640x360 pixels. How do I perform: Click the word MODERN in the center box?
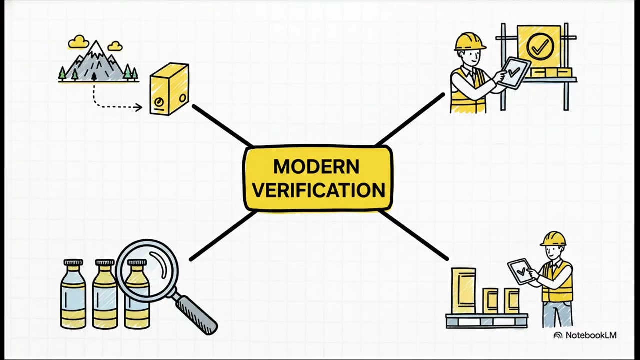tap(316, 167)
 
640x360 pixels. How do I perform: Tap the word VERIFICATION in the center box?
tap(319, 190)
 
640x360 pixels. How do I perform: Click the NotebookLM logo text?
tap(591, 335)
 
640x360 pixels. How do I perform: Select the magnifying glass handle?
tap(196, 315)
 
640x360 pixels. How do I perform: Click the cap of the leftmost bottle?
tap(73, 262)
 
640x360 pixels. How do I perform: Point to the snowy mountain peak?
tap(96, 47)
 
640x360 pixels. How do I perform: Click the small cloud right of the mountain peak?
tap(115, 46)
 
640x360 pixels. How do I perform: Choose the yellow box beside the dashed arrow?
tap(169, 89)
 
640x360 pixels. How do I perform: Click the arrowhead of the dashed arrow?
tap(139, 107)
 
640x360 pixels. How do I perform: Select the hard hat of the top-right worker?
tap(470, 42)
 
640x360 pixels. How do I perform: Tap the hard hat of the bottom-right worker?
tap(553, 239)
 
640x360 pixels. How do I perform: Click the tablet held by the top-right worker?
tap(515, 73)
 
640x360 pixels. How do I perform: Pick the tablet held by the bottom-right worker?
tap(520, 271)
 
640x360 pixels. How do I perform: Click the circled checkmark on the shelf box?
tap(540, 46)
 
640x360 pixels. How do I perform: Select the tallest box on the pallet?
tap(463, 291)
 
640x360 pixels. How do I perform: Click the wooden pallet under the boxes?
tap(487, 321)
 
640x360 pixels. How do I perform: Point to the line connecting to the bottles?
tap(223, 236)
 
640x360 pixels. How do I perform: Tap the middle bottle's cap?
tap(105, 262)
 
